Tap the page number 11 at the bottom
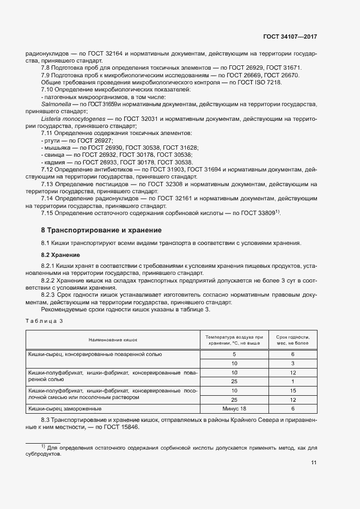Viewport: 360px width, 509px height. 314,463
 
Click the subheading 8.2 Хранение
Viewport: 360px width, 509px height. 60,255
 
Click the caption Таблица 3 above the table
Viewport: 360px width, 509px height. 45,321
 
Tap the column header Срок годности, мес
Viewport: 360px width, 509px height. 292,339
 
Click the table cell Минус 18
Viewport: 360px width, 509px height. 235,408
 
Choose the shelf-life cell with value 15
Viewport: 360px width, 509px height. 292,390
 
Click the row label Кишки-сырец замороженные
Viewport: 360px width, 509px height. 65,408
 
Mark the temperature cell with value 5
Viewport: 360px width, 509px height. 235,354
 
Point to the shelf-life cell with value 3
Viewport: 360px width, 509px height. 292,363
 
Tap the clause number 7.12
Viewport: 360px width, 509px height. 48,169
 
